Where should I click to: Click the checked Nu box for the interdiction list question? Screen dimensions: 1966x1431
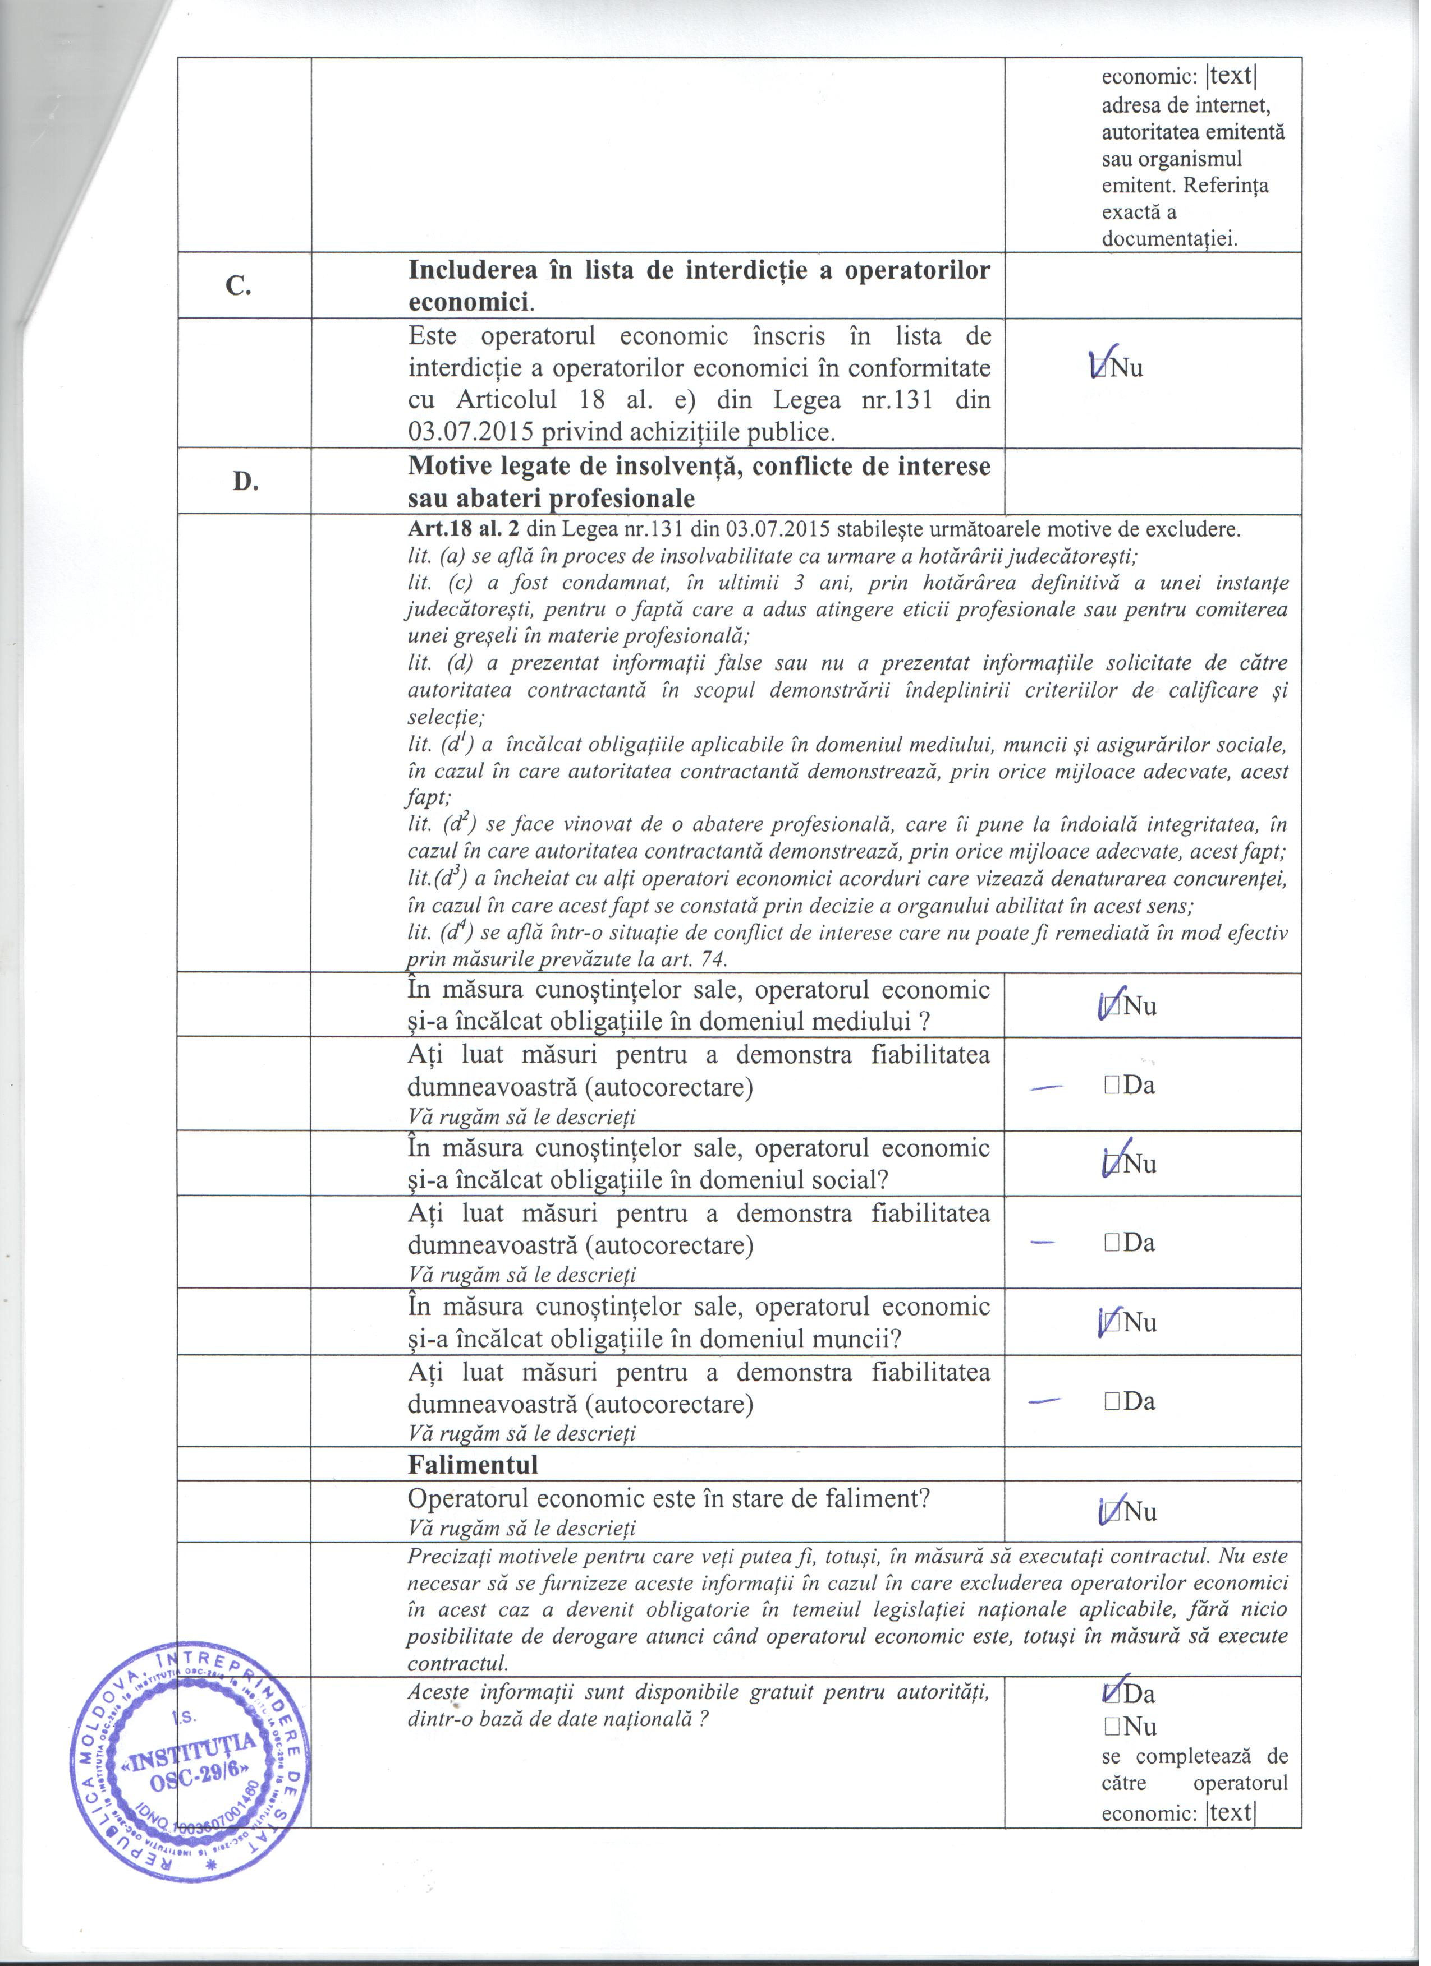(1100, 368)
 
